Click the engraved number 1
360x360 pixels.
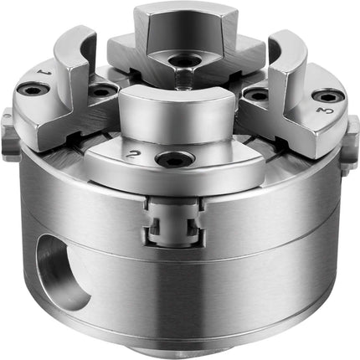click(44, 71)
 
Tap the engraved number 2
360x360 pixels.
click(132, 153)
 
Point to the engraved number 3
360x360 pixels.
click(325, 111)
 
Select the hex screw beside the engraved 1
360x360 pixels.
click(33, 90)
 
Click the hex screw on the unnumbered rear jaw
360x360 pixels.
click(186, 60)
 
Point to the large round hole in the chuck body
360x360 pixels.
click(62, 272)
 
